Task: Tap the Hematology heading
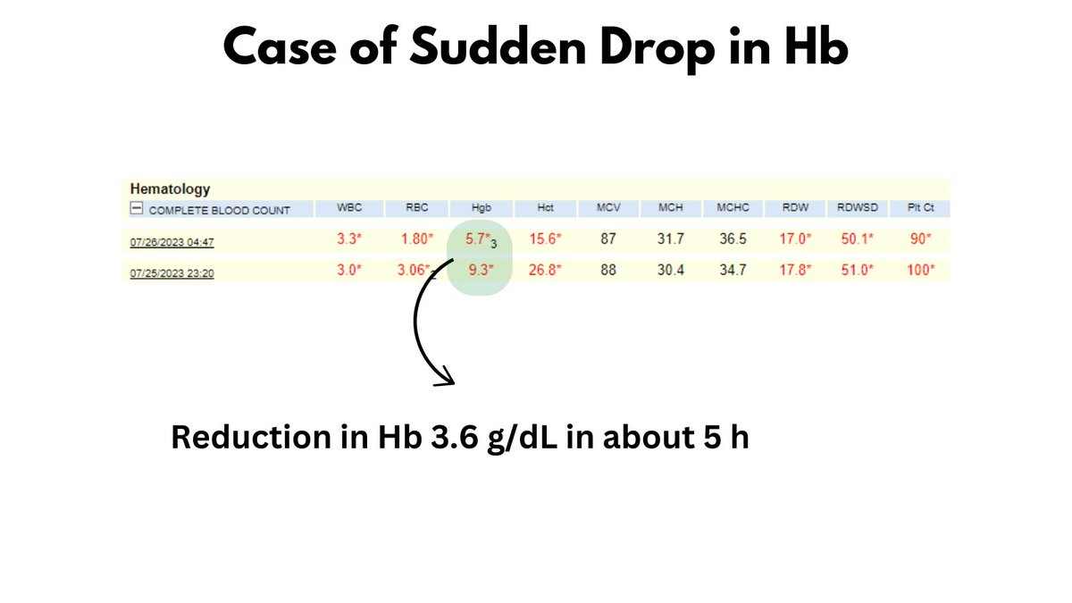click(170, 189)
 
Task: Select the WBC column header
click(349, 208)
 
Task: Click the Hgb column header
click(481, 208)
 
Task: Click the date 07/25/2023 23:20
click(172, 273)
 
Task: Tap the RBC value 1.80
click(414, 239)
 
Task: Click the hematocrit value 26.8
click(544, 270)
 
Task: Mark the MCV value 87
click(608, 239)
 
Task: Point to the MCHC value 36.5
click(732, 239)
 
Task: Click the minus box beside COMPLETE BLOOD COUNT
click(137, 210)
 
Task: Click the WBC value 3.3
click(348, 239)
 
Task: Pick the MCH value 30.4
click(670, 270)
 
